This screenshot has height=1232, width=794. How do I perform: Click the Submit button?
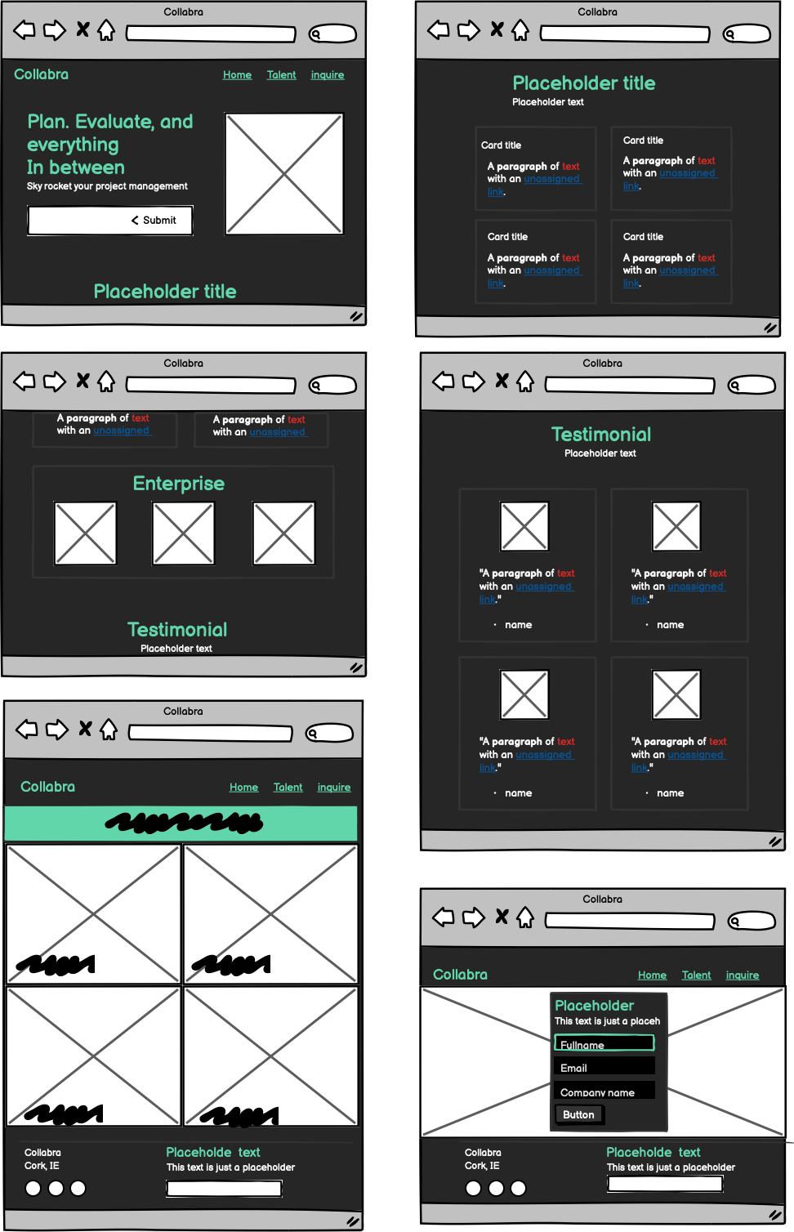click(x=110, y=221)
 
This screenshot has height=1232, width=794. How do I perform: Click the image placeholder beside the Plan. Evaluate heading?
click(x=284, y=174)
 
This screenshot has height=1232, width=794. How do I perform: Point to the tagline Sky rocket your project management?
click(x=107, y=186)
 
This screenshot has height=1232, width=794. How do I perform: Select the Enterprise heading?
click(x=178, y=484)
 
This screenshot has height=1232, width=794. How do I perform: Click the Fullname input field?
click(x=604, y=1044)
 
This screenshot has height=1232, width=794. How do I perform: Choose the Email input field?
click(x=604, y=1067)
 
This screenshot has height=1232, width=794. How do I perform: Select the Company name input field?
click(x=604, y=1091)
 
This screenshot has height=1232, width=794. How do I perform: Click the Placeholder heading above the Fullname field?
click(x=594, y=1006)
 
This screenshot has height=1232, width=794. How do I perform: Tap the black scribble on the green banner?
click(x=184, y=823)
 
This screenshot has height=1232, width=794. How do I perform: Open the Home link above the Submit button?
click(x=237, y=75)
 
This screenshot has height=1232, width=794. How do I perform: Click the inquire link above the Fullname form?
click(x=742, y=975)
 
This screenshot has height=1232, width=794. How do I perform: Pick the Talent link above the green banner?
click(x=288, y=788)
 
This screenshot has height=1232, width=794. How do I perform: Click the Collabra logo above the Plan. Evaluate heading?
click(x=41, y=74)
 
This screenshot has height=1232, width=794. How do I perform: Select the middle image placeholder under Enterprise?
click(x=184, y=533)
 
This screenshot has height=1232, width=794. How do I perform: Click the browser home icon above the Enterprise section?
click(x=106, y=382)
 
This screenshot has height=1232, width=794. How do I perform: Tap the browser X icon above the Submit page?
click(x=83, y=29)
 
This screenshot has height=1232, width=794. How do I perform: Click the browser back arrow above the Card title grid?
click(x=439, y=31)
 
